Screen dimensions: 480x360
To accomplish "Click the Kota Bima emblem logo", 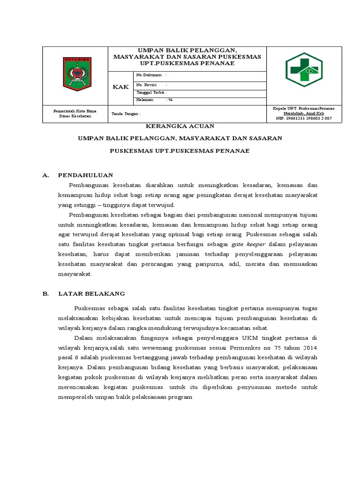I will point(77,74).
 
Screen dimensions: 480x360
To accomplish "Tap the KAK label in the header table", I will point(120,87).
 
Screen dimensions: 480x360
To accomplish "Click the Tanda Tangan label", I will point(125,114).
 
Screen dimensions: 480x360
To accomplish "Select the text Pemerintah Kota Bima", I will point(75,111).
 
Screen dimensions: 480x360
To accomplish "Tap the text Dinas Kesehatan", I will point(75,116).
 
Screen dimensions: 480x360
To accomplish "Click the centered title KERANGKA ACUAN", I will point(180,126).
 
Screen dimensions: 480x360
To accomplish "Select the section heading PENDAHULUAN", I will point(85,175).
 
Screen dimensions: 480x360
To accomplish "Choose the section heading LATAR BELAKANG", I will point(91,294).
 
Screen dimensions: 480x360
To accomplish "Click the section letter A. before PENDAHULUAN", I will point(46,175).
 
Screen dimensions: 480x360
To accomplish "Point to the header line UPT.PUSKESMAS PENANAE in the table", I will point(187,63).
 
